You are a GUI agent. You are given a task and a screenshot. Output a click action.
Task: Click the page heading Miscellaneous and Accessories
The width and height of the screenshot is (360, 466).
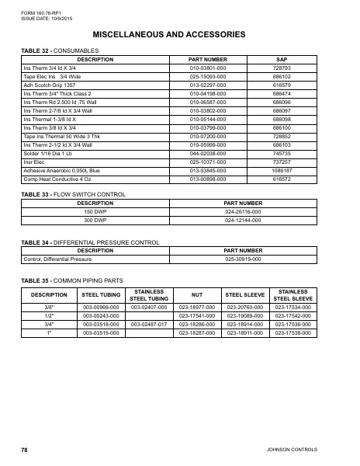(180, 35)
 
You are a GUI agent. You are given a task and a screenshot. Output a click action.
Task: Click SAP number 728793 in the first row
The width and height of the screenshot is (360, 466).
(282, 68)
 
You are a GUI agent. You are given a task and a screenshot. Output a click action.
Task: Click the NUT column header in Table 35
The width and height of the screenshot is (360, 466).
(196, 295)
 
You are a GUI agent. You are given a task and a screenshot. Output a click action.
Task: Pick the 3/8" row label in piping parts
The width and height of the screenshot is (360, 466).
(49, 308)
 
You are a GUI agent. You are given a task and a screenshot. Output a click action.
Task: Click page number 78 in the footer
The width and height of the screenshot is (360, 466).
(24, 450)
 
